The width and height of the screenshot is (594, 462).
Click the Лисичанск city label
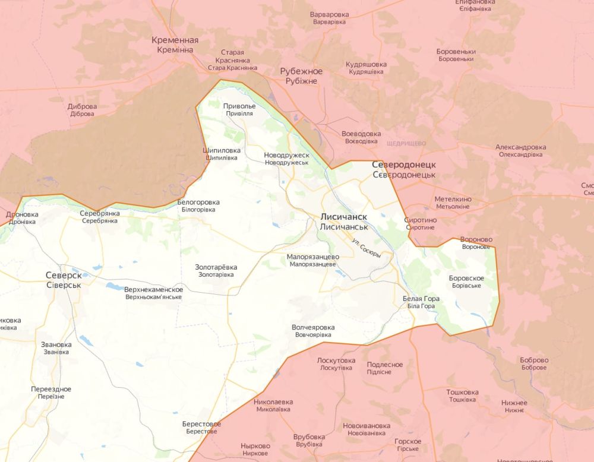(x=344, y=217)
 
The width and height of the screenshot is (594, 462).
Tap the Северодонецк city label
(x=404, y=164)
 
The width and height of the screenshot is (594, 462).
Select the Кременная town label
(x=175, y=40)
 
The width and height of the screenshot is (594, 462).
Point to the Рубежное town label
(x=301, y=72)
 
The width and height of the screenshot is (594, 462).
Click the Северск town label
(x=64, y=276)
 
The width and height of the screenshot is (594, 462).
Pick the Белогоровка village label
(x=198, y=202)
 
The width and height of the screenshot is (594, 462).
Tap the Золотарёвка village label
(x=216, y=267)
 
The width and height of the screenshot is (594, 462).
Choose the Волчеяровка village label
(x=313, y=328)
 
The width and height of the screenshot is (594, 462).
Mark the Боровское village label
(x=466, y=279)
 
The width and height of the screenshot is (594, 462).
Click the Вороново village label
(x=476, y=240)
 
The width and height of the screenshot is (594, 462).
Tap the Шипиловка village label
(x=222, y=151)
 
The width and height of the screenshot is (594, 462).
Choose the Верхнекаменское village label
(x=153, y=290)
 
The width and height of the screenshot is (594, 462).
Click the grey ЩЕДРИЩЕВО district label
(x=406, y=144)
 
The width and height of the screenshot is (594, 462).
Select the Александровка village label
(x=521, y=147)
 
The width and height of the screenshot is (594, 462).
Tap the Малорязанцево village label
(x=312, y=257)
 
